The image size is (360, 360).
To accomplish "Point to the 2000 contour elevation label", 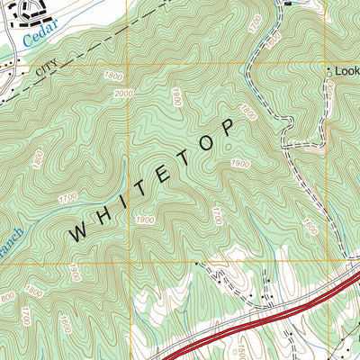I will (123, 94).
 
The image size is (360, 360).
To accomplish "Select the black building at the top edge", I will (289, 3).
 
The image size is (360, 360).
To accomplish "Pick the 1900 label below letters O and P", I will (239, 163).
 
